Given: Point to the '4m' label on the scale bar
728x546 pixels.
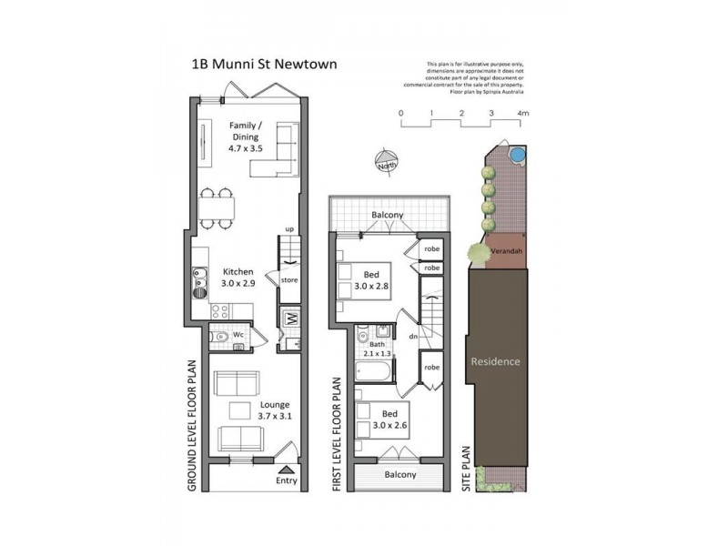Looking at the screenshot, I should (522, 114).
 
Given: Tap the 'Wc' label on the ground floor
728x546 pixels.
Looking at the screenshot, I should (239, 335).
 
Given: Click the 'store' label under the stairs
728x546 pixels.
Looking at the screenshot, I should (288, 280).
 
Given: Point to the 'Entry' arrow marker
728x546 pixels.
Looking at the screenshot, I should (286, 471).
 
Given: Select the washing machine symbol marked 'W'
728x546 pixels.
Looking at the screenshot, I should (292, 318).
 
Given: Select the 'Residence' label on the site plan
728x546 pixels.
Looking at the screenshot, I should (495, 361).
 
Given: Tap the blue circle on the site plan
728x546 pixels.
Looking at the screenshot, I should (517, 155).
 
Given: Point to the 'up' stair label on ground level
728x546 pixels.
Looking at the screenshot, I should (289, 229).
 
